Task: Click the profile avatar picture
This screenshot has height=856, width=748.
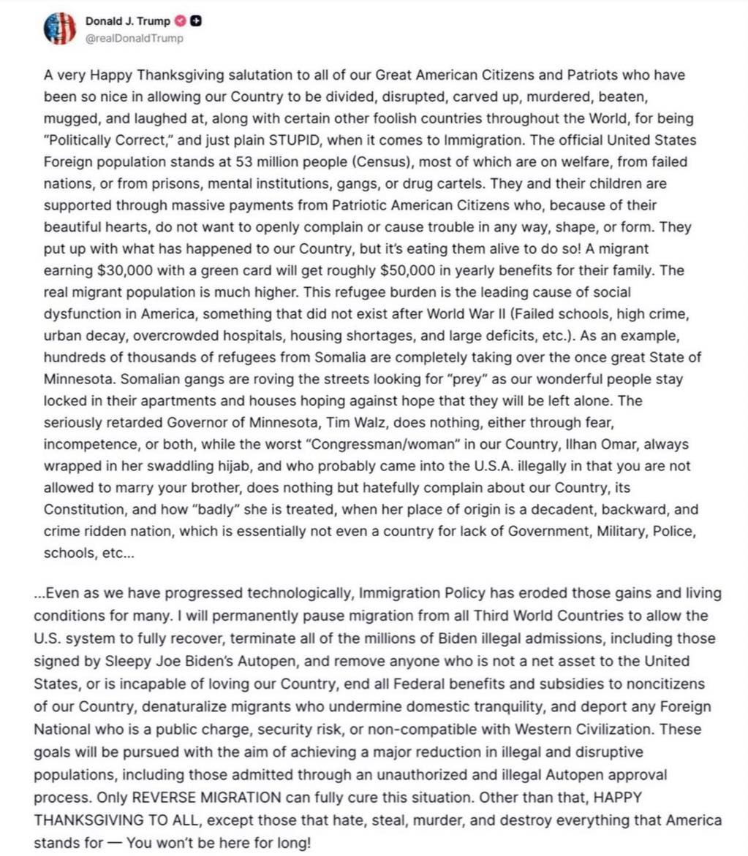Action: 61,28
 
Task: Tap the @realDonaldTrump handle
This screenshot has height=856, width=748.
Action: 135,39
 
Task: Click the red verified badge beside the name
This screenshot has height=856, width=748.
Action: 183,21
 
